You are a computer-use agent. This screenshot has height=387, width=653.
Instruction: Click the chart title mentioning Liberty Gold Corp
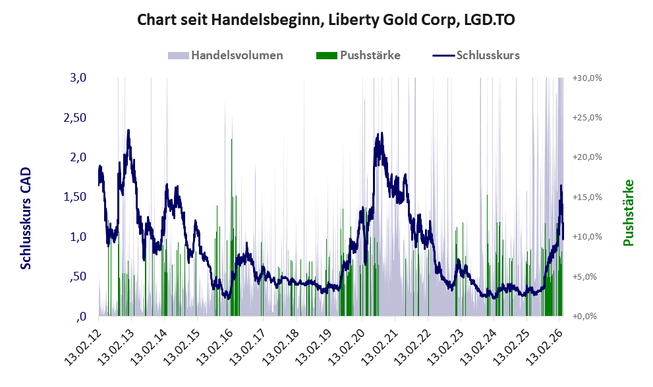(x=326, y=20)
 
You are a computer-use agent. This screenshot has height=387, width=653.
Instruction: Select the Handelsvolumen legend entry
(x=225, y=55)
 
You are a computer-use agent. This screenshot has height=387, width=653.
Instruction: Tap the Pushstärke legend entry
(x=358, y=55)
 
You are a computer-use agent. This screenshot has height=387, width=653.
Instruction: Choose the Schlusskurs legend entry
(x=476, y=55)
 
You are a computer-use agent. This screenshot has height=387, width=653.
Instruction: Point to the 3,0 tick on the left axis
(x=78, y=78)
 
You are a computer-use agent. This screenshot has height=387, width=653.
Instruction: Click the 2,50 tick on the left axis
(x=75, y=118)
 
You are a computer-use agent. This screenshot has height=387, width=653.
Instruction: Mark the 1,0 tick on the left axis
(x=78, y=237)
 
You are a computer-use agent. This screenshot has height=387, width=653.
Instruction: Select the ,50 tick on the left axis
(x=78, y=276)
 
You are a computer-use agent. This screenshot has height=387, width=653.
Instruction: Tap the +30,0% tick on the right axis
(x=588, y=78)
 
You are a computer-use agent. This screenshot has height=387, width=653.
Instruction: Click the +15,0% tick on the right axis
(x=588, y=197)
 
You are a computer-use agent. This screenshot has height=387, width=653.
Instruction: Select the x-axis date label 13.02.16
(x=215, y=347)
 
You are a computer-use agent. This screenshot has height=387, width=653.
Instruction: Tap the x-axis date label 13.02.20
(x=348, y=347)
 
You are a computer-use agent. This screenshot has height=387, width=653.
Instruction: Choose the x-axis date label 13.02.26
(x=546, y=347)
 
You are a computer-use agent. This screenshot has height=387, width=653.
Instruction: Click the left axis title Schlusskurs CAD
(x=26, y=218)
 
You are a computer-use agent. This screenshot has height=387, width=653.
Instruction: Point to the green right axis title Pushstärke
(x=628, y=213)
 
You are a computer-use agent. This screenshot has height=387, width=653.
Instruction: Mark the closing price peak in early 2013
(x=128, y=131)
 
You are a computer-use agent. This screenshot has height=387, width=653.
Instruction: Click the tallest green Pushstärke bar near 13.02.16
(x=231, y=228)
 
